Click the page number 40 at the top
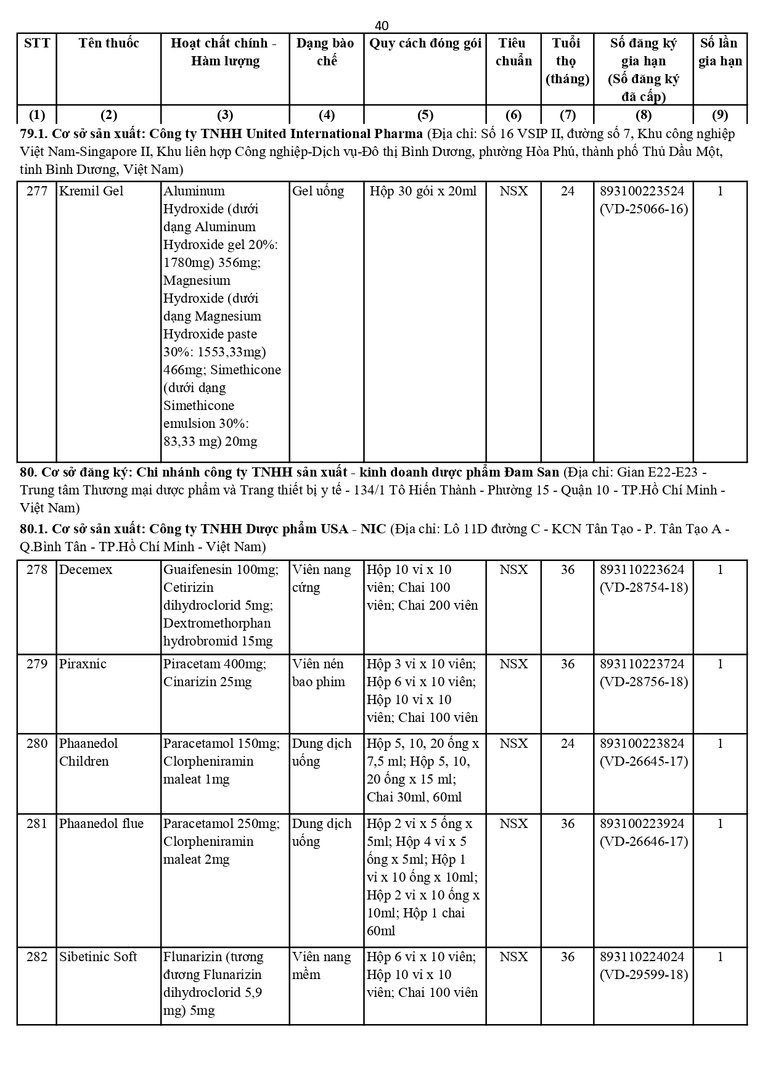(382, 25)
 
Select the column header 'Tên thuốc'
(108, 43)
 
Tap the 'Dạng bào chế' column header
(325, 52)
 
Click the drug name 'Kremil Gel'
(91, 191)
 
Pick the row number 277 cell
(37, 191)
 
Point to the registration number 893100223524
(642, 191)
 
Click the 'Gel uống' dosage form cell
(318, 191)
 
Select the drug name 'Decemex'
(86, 570)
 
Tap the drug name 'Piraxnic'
(83, 664)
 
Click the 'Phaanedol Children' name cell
(88, 752)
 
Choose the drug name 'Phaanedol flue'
(101, 824)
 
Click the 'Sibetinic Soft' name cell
(98, 957)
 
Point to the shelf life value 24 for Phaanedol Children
(567, 744)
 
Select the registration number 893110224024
(642, 957)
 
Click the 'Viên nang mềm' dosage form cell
(321, 965)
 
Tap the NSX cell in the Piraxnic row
(513, 664)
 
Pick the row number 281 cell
(37, 824)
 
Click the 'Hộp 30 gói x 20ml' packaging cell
(423, 191)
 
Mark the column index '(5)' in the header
(425, 115)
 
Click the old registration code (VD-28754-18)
(644, 588)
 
